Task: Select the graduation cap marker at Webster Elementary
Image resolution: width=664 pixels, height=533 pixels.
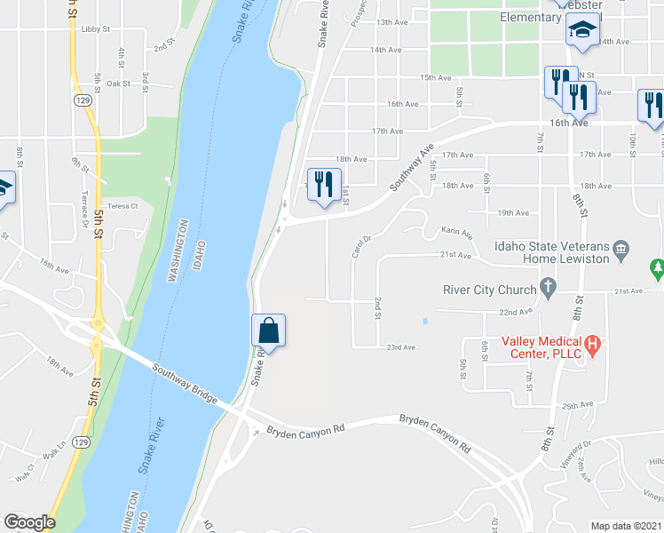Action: (x=582, y=31)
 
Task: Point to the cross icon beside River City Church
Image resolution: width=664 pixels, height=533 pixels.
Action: (x=549, y=289)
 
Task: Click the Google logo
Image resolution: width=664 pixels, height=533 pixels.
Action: (x=28, y=521)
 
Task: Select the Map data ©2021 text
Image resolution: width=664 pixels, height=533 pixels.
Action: (x=627, y=526)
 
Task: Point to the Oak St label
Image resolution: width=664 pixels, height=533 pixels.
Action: (x=119, y=84)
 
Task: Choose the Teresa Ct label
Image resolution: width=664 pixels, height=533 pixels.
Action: (x=123, y=205)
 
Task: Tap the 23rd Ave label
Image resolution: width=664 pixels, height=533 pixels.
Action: (x=401, y=347)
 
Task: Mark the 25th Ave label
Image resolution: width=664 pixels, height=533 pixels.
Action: (x=577, y=405)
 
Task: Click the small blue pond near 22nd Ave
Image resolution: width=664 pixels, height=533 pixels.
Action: (x=425, y=321)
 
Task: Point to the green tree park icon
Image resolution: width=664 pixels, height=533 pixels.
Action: (x=656, y=267)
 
